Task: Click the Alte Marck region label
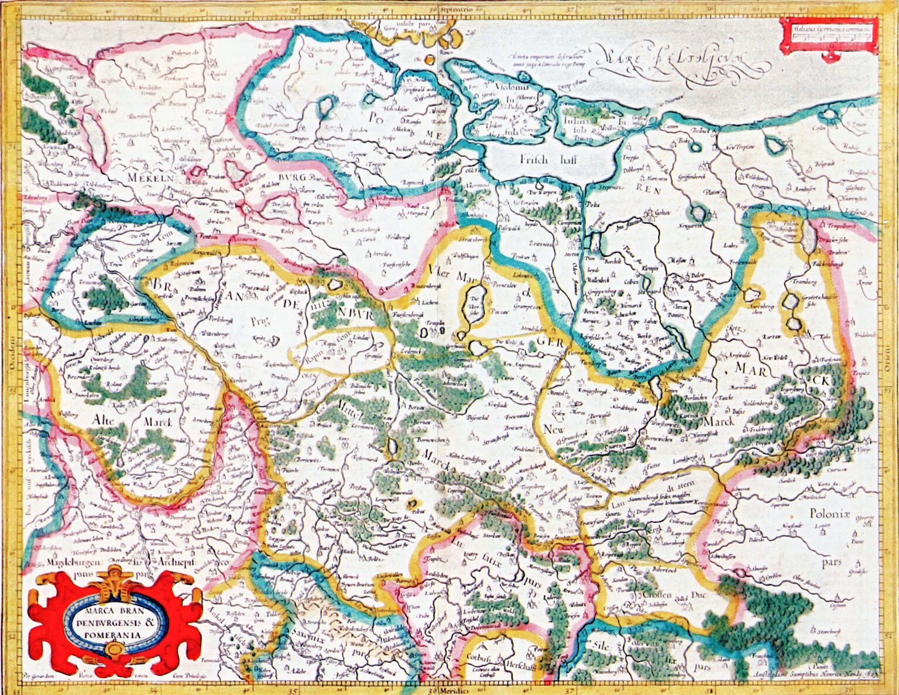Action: [x=132, y=421]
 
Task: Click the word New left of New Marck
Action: [x=554, y=429]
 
